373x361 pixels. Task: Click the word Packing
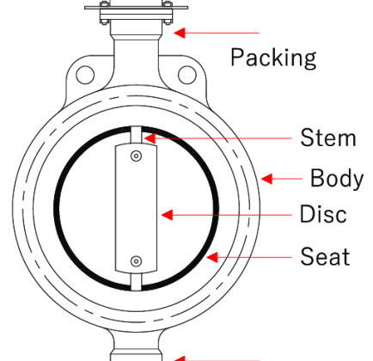point(273,58)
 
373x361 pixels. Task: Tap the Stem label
point(328,138)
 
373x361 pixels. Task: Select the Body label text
point(337,179)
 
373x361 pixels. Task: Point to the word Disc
point(323,214)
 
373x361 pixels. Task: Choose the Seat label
point(325,256)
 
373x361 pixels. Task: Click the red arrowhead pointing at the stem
point(150,138)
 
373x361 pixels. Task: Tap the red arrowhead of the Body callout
point(266,179)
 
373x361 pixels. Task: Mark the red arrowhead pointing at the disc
point(168,215)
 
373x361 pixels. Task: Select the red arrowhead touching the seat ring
point(212,257)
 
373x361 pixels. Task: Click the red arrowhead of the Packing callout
point(180,33)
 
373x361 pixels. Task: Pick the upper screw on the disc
point(136,156)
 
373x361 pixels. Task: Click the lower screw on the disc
point(136,261)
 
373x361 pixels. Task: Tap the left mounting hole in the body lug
point(85,75)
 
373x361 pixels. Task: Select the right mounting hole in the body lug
point(187,75)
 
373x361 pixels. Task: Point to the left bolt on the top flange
point(104,13)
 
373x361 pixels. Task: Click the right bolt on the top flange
point(168,13)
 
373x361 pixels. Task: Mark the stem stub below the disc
point(136,282)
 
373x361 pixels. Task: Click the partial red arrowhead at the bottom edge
point(180,358)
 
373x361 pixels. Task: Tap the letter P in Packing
point(236,57)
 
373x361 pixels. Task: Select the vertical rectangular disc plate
point(136,209)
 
